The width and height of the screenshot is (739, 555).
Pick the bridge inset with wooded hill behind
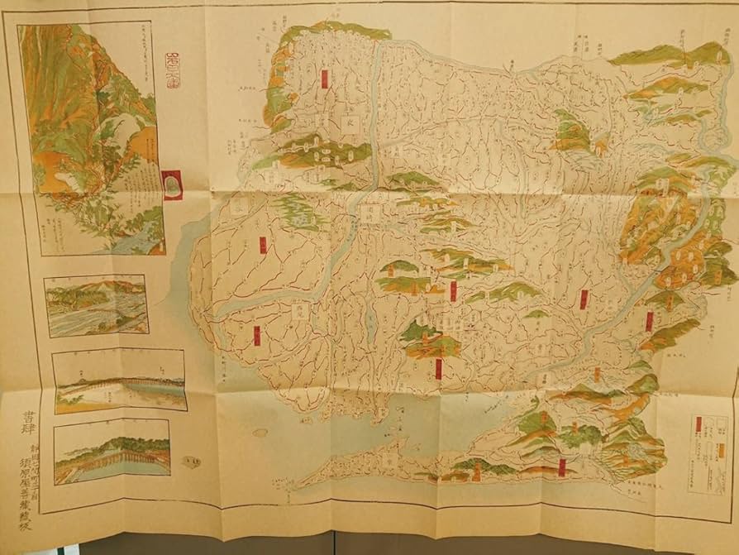coord(112,451)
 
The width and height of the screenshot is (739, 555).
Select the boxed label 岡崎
coord(368,213)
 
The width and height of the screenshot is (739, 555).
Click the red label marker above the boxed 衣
coord(325,78)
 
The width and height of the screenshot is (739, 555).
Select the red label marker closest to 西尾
coord(257,335)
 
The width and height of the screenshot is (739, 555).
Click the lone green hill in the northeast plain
coord(571,132)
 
